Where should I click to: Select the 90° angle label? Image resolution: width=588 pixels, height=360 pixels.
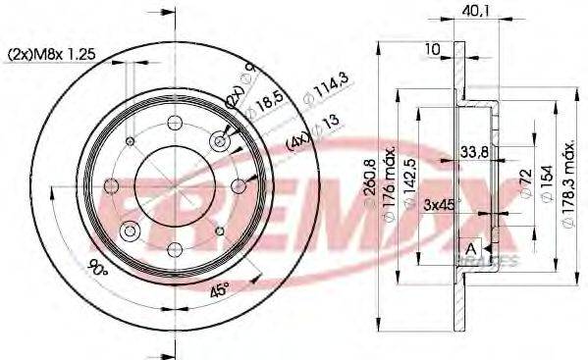(x=97, y=265)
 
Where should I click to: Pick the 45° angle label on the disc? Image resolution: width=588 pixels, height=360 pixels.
(x=220, y=290)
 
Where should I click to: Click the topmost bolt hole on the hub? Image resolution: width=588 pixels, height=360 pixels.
(x=175, y=123)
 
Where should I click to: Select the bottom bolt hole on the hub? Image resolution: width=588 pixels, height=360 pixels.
(x=175, y=241)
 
